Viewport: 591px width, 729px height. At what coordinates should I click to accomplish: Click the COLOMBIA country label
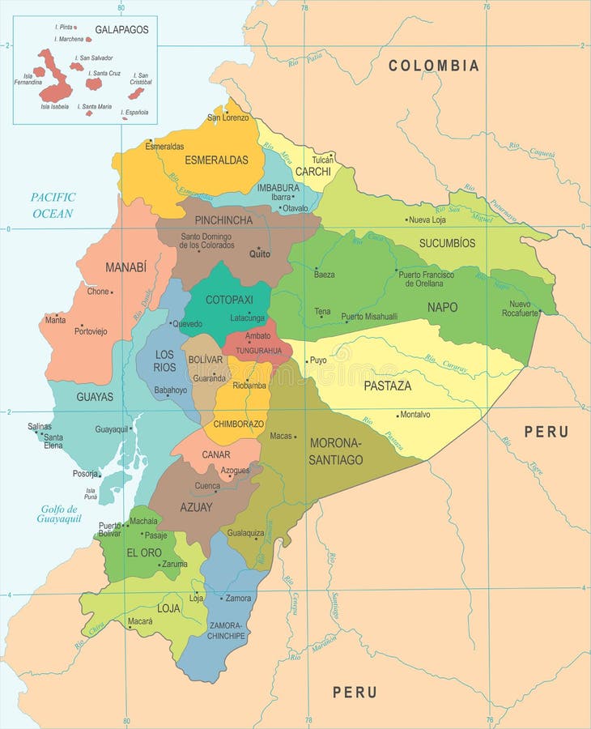(433, 66)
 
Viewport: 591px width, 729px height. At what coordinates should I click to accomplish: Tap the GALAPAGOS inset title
(121, 30)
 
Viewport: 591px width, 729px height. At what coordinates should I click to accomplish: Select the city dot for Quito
(258, 248)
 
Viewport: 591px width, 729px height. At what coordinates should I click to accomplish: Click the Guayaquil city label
(112, 429)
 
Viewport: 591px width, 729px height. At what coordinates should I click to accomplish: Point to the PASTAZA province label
(387, 386)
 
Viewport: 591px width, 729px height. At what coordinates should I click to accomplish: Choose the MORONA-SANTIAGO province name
(336, 451)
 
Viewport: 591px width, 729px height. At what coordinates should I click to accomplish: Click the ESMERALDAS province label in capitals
(216, 160)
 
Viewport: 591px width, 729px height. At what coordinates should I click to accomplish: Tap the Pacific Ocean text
(53, 205)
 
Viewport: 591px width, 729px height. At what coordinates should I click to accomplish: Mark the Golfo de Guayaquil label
(58, 514)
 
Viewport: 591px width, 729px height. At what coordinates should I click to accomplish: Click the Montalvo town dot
(398, 416)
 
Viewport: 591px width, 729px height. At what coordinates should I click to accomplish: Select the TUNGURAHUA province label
(258, 351)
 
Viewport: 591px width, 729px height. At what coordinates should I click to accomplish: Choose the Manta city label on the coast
(55, 320)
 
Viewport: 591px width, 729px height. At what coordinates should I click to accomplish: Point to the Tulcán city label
(322, 160)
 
